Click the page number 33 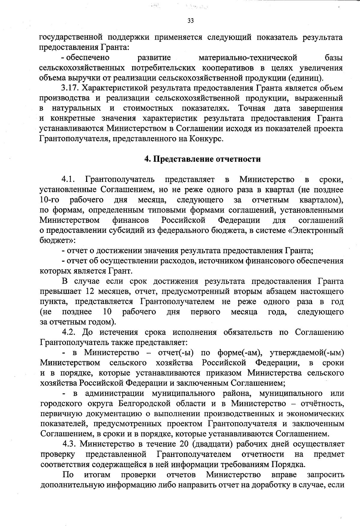190,21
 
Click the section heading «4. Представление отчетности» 202,159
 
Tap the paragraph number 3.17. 70,88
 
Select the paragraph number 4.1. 68,179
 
